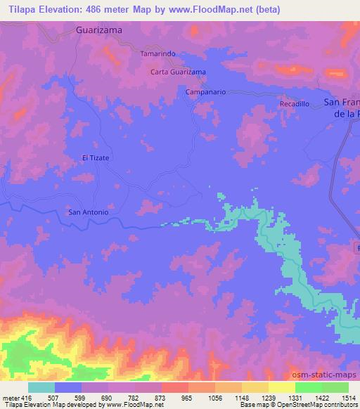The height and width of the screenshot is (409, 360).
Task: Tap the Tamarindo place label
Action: [157, 53]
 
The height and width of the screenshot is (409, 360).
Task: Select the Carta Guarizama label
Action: [179, 72]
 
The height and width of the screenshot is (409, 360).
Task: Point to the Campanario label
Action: [204, 92]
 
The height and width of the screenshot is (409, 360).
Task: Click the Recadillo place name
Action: [294, 103]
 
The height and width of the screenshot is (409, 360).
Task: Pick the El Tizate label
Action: [96, 158]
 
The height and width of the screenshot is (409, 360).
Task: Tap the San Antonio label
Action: [87, 212]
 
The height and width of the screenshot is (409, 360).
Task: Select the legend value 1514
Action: [349, 398]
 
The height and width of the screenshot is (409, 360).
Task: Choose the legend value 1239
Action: [269, 398]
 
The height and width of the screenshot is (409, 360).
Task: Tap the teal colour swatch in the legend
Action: [41, 387]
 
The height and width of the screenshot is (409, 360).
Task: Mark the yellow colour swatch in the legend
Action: [282, 387]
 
